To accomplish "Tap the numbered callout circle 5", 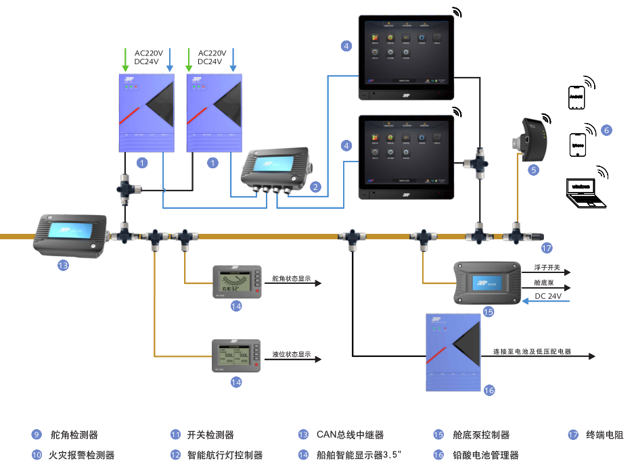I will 534,170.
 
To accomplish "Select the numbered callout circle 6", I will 606,130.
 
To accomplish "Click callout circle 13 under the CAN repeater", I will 63,266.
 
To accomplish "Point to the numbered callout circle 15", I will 489,312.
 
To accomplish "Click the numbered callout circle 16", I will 489,390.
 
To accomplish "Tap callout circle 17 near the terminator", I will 547,247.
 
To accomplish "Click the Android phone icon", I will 576,97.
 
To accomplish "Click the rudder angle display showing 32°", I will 236,280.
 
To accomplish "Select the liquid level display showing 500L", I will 236,355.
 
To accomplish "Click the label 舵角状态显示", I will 291,278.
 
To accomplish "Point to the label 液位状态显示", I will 292,354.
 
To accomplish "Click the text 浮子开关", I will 547,268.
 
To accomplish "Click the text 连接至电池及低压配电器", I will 532,351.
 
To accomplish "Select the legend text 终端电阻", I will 604,435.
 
